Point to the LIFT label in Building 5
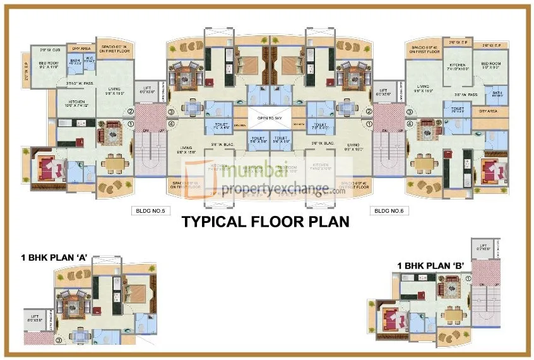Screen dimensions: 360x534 click(146, 90)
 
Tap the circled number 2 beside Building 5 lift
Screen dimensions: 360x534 click(131, 112)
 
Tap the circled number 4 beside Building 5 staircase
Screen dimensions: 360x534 click(170, 124)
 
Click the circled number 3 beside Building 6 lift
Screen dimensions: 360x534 click(408, 112)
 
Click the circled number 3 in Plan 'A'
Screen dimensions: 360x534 click(59, 340)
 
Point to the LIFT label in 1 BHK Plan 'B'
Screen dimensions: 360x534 click(483, 247)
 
